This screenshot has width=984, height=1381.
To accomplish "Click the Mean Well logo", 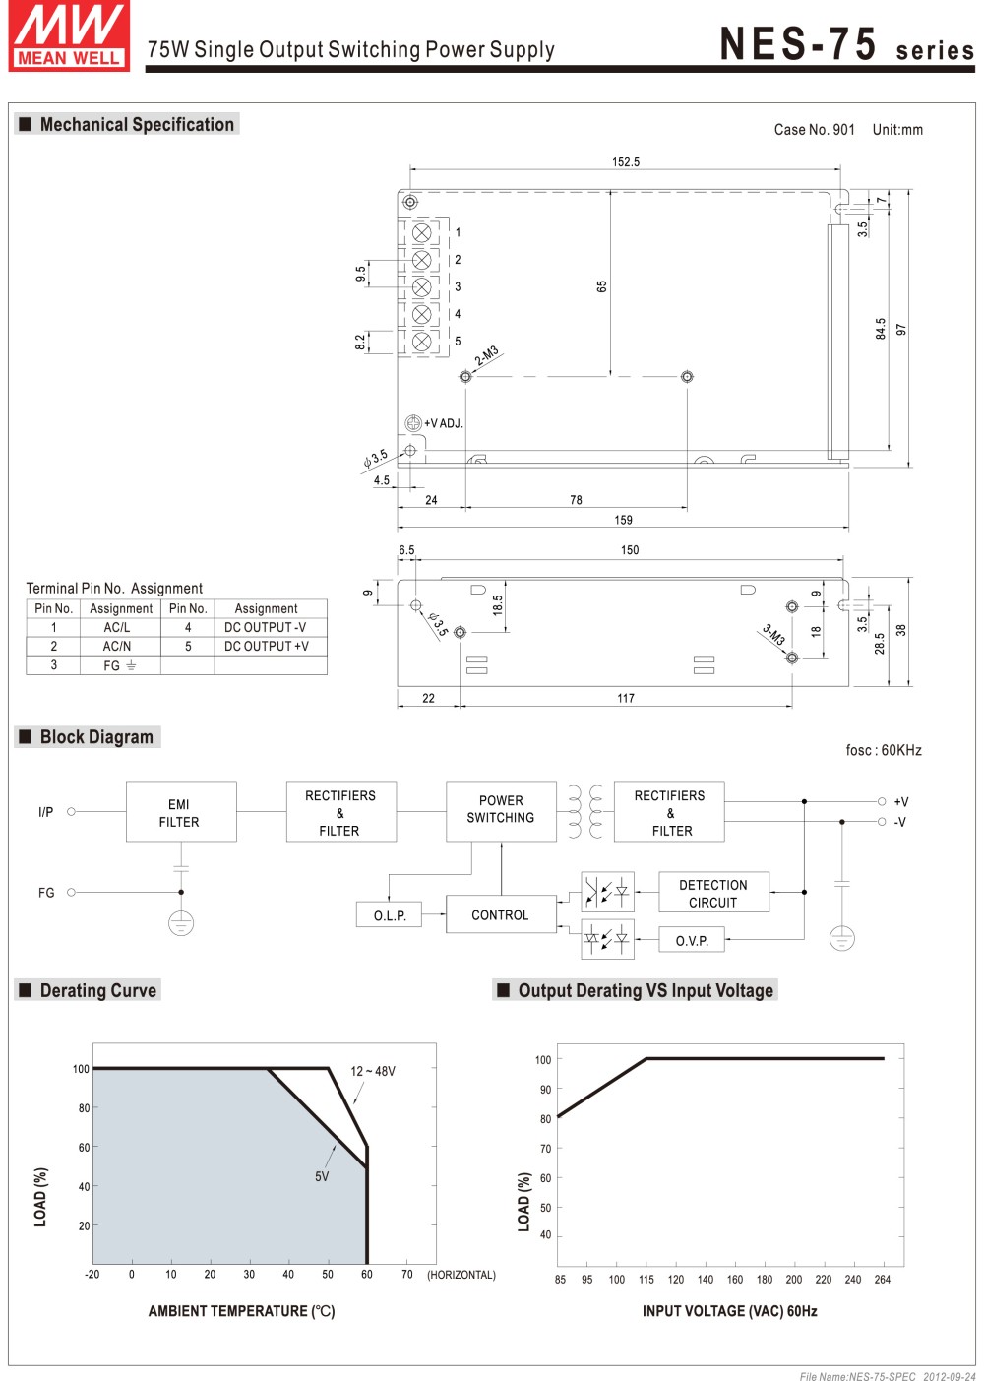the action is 69,36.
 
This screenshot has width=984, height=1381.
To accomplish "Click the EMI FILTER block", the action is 180,813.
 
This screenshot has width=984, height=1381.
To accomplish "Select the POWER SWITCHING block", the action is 501,810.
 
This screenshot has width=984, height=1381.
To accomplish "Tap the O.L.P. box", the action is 390,915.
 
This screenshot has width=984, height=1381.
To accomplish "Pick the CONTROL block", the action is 500,915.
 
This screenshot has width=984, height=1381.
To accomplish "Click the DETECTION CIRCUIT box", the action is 712,894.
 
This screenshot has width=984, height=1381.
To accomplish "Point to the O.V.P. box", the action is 692,941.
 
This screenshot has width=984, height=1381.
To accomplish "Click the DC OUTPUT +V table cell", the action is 266,647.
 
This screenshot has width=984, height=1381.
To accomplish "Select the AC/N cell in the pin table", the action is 117,647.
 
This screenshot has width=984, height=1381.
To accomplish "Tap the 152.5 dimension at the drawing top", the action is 626,162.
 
